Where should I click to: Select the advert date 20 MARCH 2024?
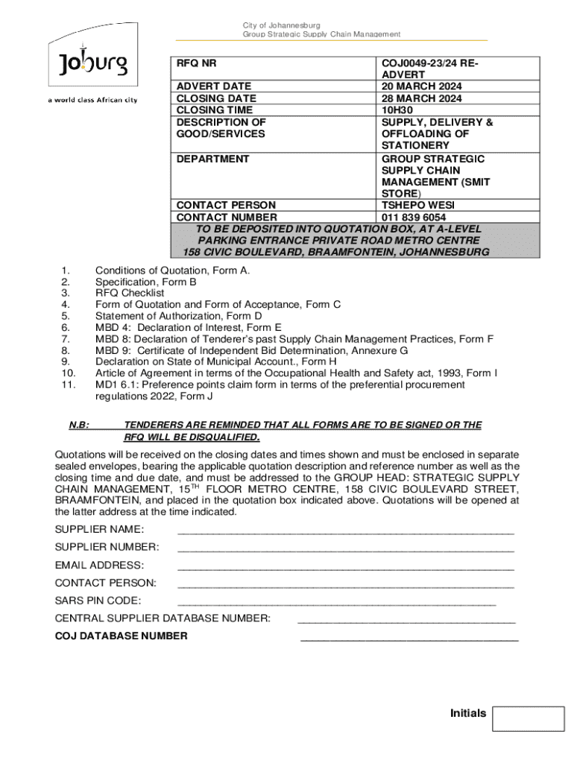click(421, 86)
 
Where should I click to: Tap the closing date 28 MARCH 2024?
click(421, 98)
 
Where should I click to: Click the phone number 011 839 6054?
click(414, 218)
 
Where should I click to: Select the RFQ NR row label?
click(196, 63)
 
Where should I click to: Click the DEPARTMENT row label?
click(212, 159)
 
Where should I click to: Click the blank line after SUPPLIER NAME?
click(346, 531)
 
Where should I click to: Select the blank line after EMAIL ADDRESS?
click(346, 566)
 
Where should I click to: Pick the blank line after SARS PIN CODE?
click(337, 601)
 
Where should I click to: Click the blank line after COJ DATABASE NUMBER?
click(409, 637)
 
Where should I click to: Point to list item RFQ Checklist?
click(130, 294)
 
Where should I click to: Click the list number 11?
click(68, 384)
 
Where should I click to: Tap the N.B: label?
click(79, 425)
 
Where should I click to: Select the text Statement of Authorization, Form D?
click(178, 316)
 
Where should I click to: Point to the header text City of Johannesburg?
click(281, 25)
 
